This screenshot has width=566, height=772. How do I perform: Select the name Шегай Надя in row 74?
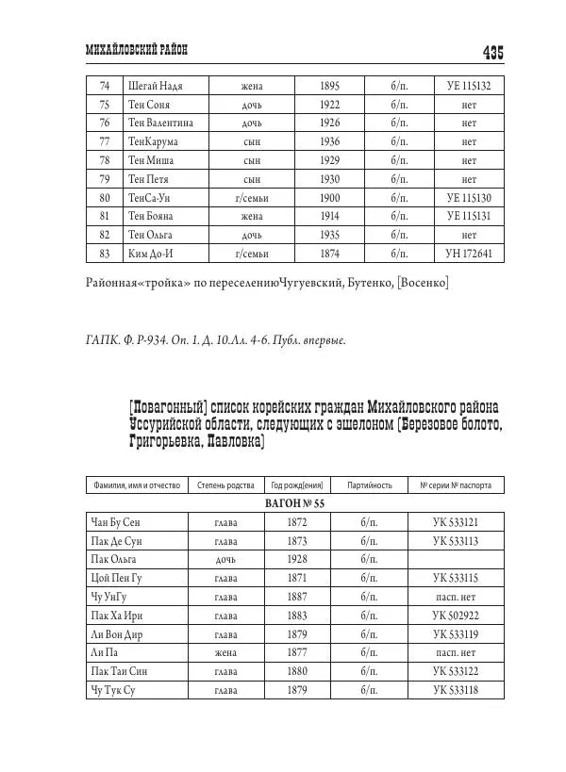tap(155, 86)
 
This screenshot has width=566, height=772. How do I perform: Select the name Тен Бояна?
tap(152, 216)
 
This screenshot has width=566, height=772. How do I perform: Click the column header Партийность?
tap(370, 485)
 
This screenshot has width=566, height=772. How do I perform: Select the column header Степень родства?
tap(225, 485)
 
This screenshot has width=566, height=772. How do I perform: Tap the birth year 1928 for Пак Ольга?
tap(297, 559)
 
